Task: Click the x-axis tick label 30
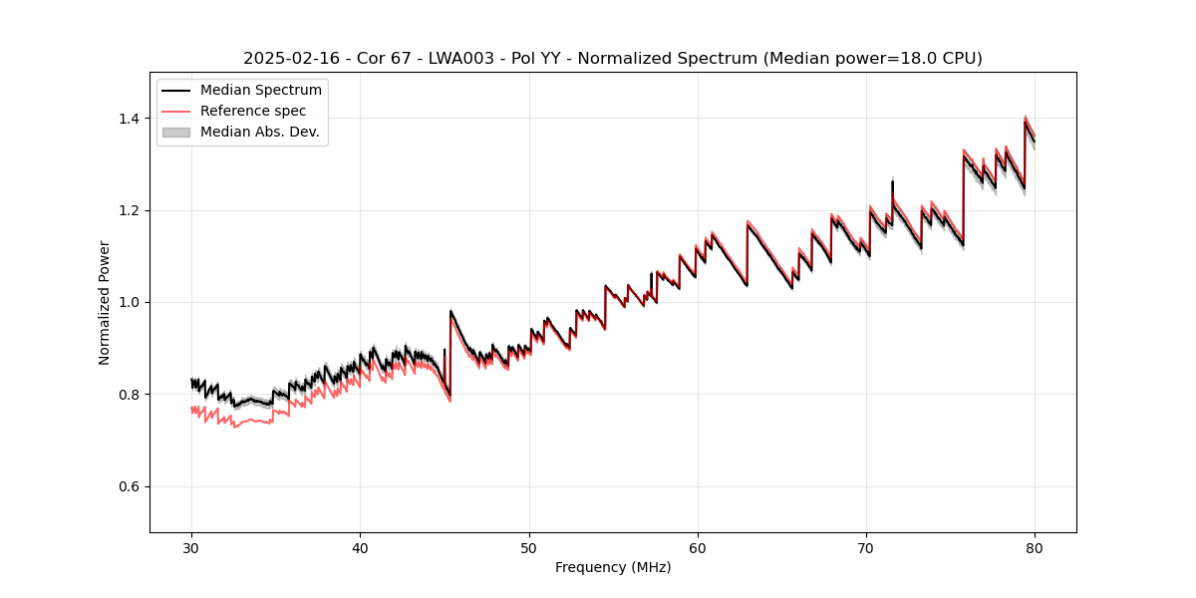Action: [x=191, y=548]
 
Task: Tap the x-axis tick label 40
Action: [x=360, y=548]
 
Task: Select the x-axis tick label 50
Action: [x=529, y=548]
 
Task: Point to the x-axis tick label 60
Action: [x=698, y=548]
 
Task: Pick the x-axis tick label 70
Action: [x=866, y=548]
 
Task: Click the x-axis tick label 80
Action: [x=1035, y=548]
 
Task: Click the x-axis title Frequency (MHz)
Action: [x=613, y=567]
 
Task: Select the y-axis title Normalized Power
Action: [x=104, y=302]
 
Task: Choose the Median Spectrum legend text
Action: [x=261, y=90]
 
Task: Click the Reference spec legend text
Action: [x=253, y=111]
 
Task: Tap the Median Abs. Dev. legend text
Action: [x=259, y=132]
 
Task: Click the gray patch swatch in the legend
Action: [x=176, y=132]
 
